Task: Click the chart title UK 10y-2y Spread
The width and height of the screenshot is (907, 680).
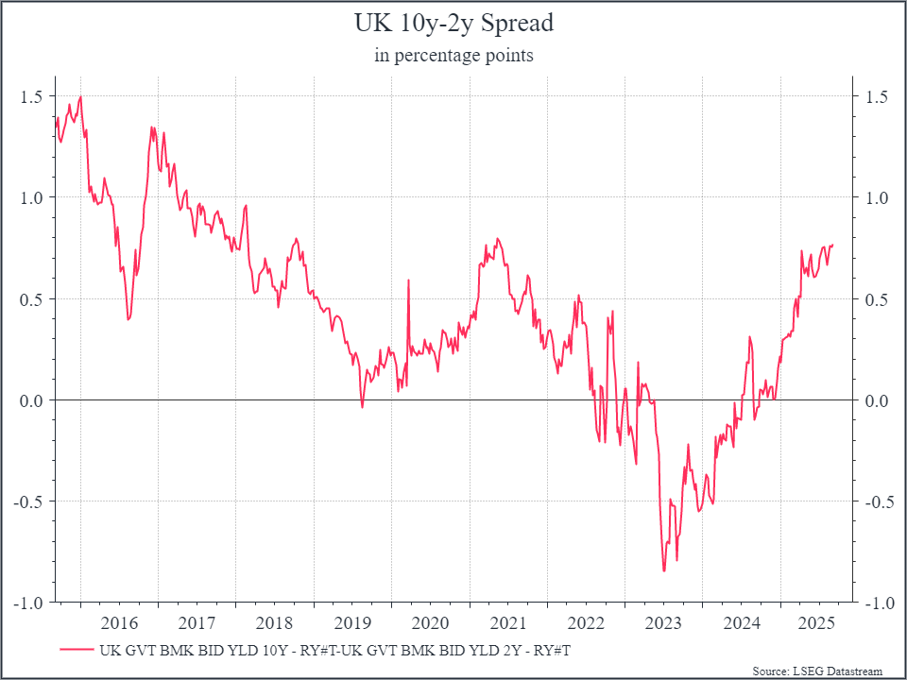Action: [x=453, y=24]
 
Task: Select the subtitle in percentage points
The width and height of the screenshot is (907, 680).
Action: [x=453, y=56]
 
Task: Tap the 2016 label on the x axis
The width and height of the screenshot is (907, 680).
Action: [x=119, y=623]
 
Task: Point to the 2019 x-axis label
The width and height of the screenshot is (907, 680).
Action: [x=352, y=623]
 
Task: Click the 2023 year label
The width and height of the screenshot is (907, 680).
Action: [x=663, y=623]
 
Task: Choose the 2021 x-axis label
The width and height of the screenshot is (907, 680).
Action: [x=508, y=623]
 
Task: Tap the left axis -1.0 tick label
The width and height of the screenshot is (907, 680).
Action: [x=27, y=603]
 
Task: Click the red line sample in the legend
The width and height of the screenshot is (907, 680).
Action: [x=76, y=650]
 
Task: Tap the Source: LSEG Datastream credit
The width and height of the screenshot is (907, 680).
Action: [x=817, y=671]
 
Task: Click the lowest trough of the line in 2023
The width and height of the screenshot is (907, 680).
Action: [x=664, y=571]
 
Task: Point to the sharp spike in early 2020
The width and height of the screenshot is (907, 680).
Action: [x=408, y=280]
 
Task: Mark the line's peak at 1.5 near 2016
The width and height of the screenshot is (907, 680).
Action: [x=81, y=96]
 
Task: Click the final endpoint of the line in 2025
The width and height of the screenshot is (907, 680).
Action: [x=832, y=245]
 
